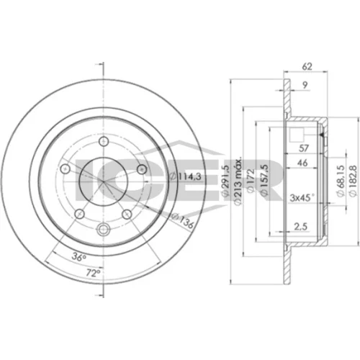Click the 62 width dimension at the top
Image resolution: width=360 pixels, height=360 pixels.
(x=307, y=66)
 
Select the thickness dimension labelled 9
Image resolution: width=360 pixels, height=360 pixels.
(x=305, y=85)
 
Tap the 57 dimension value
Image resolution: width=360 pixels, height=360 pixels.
(x=304, y=148)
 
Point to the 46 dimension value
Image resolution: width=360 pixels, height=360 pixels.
(x=302, y=163)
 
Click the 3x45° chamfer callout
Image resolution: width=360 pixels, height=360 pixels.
(x=302, y=198)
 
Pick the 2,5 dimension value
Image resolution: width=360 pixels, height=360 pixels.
(x=301, y=226)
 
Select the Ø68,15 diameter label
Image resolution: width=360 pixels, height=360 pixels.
(x=341, y=181)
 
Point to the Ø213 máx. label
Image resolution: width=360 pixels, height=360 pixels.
(x=238, y=181)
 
